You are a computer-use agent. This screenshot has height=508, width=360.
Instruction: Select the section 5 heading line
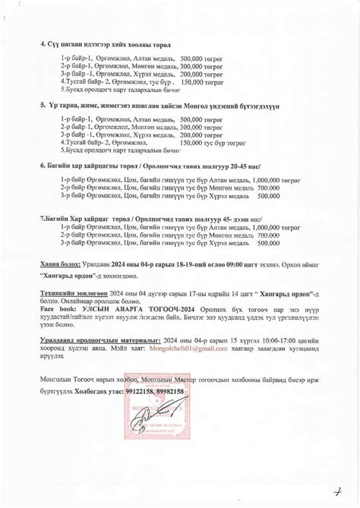pos(159,106)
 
